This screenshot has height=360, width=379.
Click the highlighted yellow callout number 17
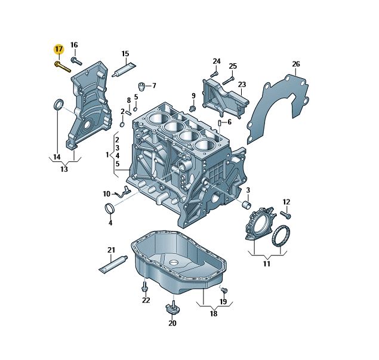[x=58, y=48]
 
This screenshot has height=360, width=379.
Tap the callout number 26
[x=295, y=64]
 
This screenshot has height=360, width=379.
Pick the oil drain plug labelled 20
[x=172, y=309]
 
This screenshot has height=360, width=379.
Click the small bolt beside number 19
[x=224, y=290]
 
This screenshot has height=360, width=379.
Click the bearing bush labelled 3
[x=245, y=206]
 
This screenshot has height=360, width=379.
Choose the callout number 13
[x=64, y=169]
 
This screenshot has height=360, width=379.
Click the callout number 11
[x=266, y=263]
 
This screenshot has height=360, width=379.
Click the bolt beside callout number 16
[x=76, y=60]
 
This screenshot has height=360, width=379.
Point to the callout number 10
[x=106, y=193]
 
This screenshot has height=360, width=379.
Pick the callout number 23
[x=241, y=85]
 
